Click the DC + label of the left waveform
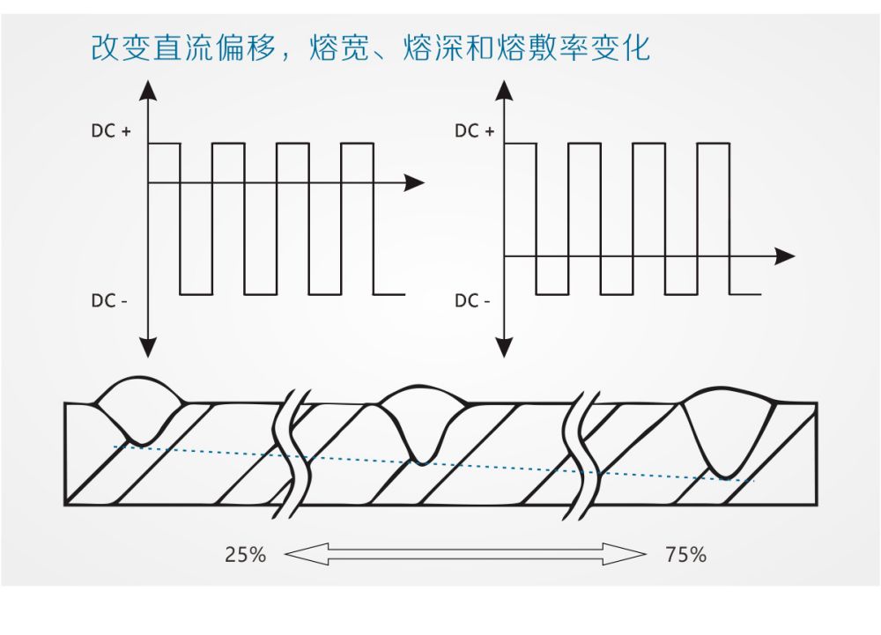(111, 131)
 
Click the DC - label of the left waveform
(109, 300)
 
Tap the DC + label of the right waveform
(474, 131)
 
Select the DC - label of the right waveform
(472, 300)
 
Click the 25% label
(245, 555)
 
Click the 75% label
(686, 555)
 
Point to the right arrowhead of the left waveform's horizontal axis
(414, 183)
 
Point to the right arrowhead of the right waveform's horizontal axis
(784, 257)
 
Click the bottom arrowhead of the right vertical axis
(505, 347)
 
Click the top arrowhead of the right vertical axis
(505, 89)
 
